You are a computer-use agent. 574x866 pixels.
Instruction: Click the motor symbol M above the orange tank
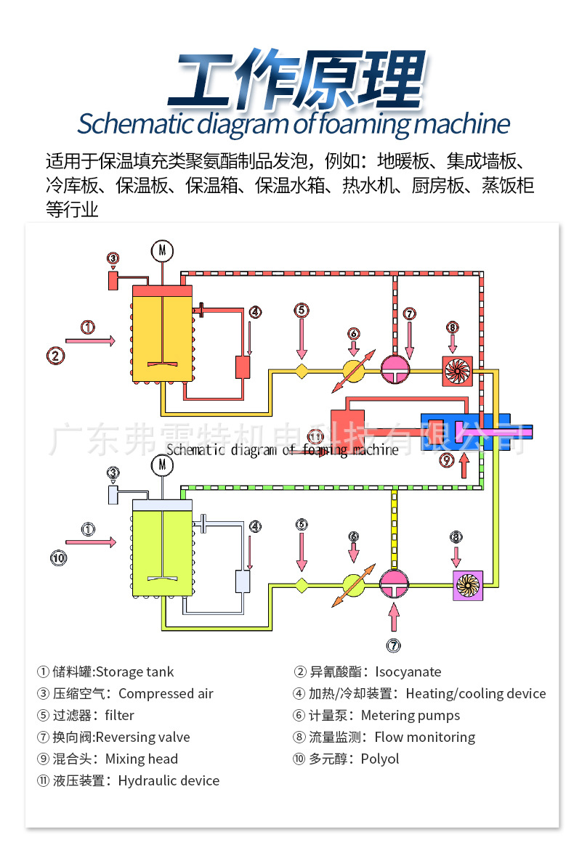pyautogui.click(x=162, y=250)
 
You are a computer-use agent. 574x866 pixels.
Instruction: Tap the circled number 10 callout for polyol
pyautogui.click(x=58, y=557)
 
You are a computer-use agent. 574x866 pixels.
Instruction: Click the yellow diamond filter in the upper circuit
pyautogui.click(x=302, y=371)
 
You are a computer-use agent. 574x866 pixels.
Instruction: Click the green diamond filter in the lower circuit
pyautogui.click(x=302, y=585)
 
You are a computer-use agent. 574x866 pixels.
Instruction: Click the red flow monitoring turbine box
pyautogui.click(x=458, y=370)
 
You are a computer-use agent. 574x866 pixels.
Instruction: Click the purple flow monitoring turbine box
pyautogui.click(x=468, y=585)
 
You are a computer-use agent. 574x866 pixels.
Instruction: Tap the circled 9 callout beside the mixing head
pyautogui.click(x=447, y=459)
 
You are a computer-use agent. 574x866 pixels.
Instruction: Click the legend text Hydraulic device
pyautogui.click(x=169, y=780)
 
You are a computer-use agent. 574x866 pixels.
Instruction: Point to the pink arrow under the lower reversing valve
pyautogui.click(x=394, y=618)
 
